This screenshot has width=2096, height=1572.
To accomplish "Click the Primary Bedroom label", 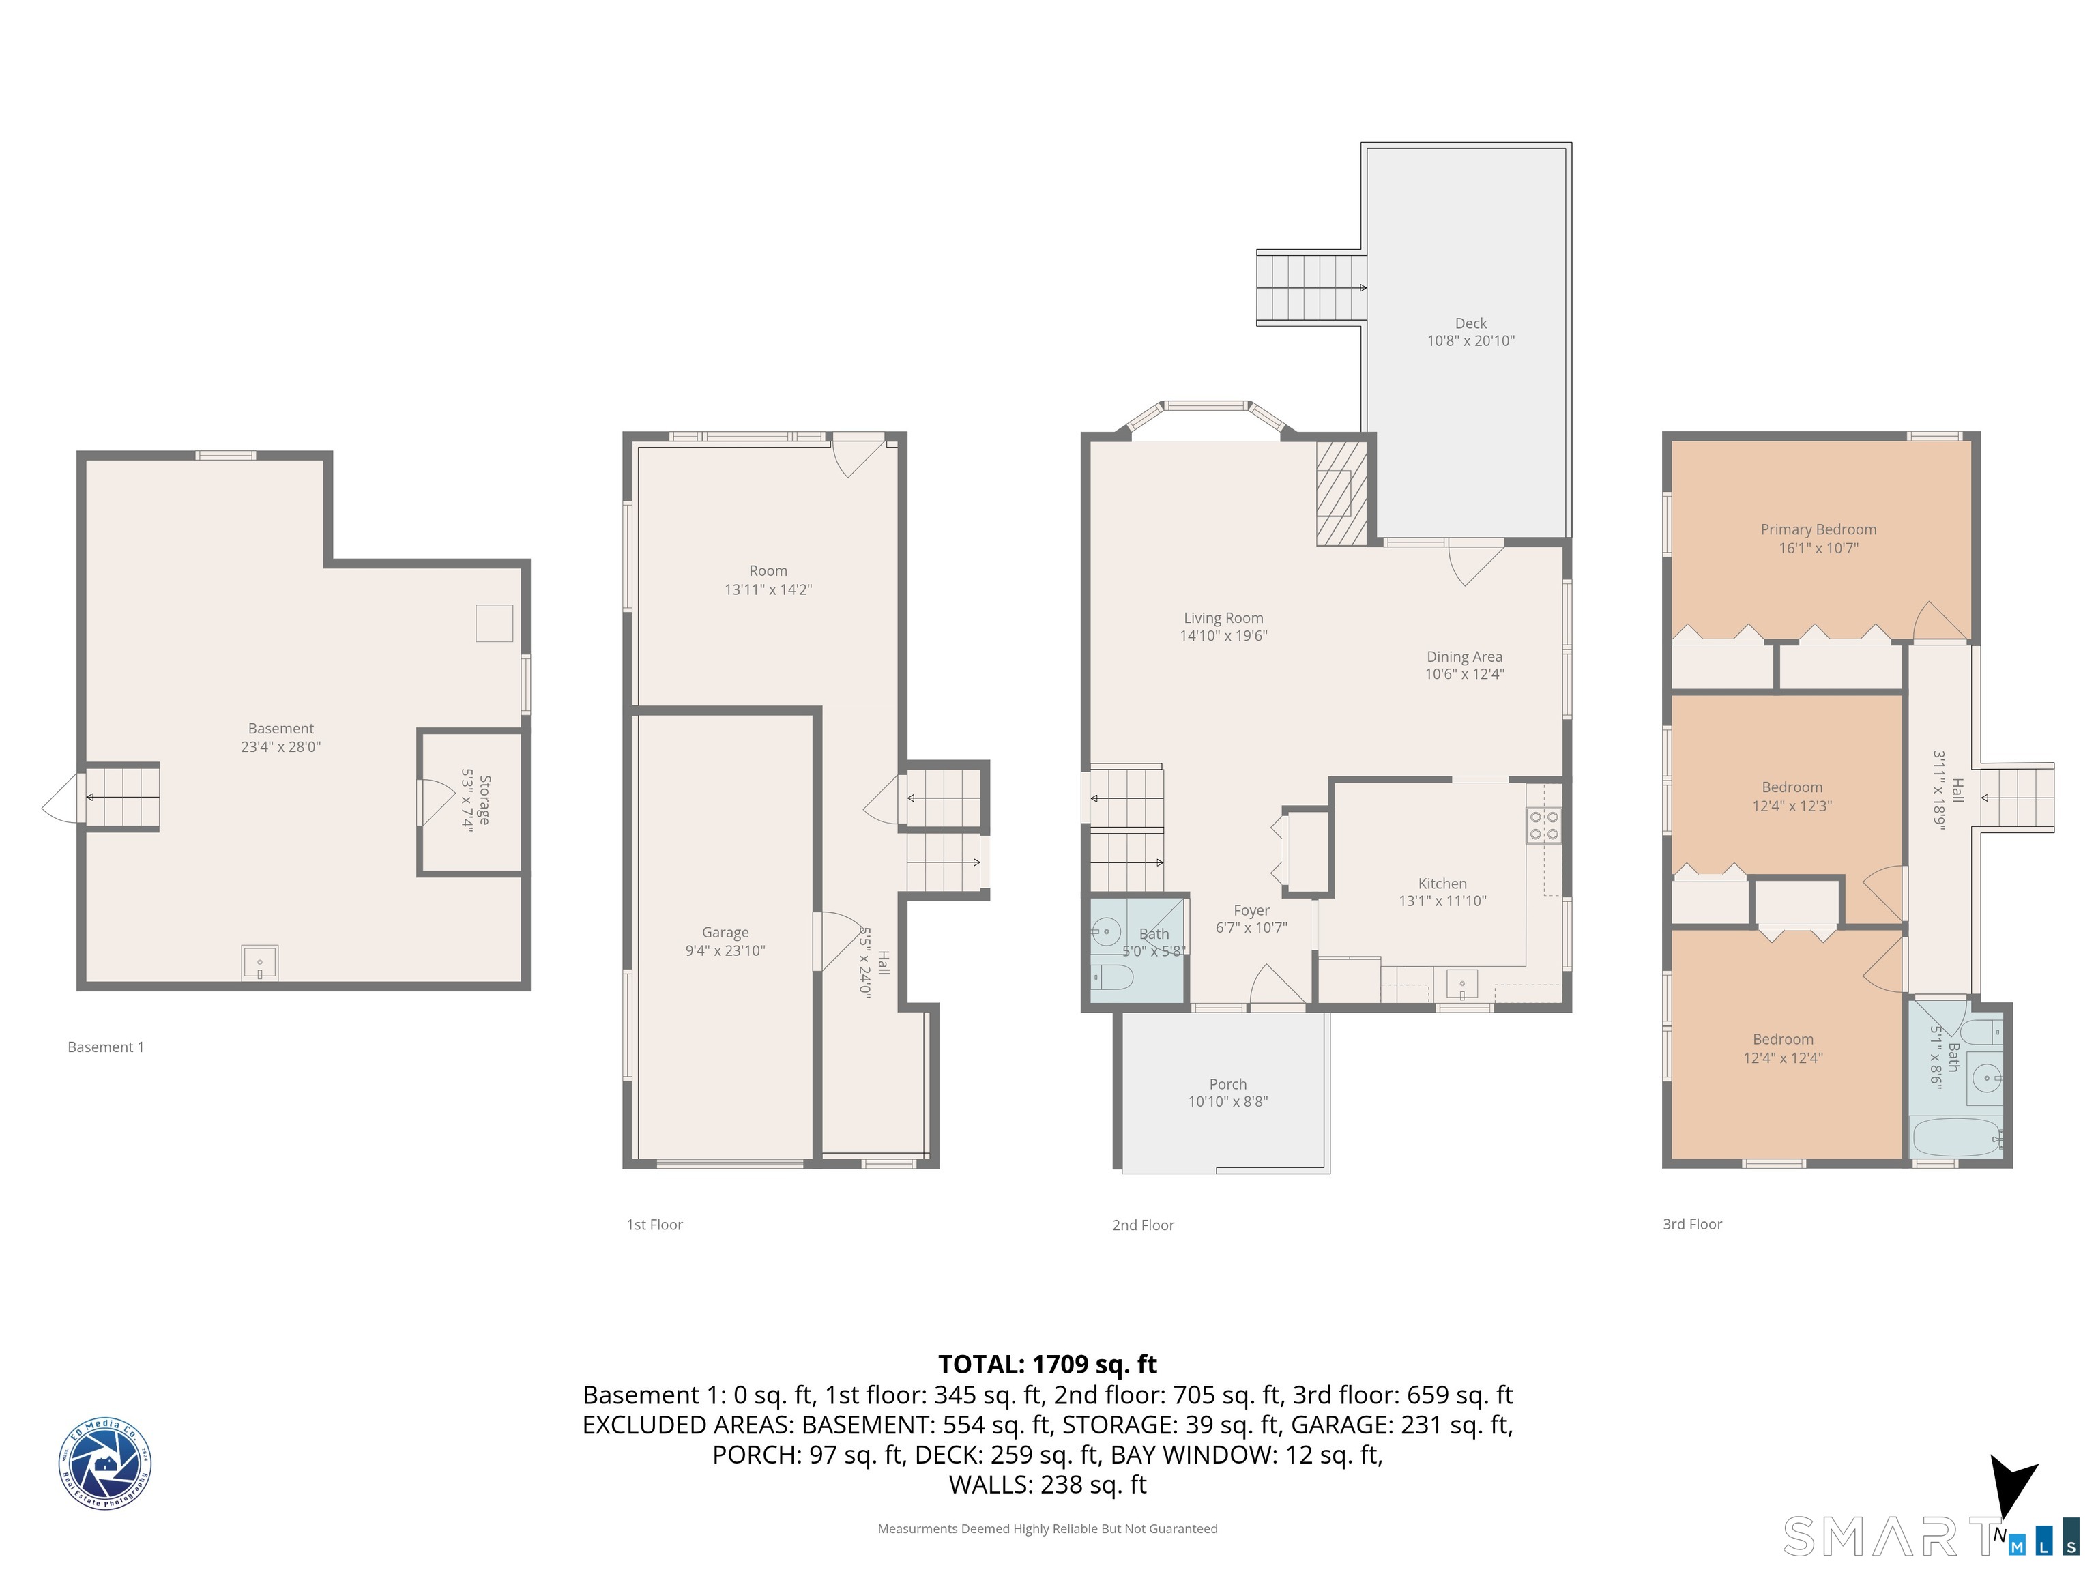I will [1818, 529].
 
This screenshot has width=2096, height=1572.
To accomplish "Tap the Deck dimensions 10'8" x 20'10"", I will [1470, 341].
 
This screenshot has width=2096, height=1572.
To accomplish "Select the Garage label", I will [725, 933].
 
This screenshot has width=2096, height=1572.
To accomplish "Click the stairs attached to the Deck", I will [1309, 287].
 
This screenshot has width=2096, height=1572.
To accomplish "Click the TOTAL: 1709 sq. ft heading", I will [1047, 1365].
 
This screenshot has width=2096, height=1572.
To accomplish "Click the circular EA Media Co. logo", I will [104, 1463].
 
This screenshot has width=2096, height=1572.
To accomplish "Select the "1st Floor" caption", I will [654, 1224].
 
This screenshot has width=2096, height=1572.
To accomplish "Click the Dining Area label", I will [1464, 656].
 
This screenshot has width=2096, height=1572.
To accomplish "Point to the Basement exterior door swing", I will [63, 799].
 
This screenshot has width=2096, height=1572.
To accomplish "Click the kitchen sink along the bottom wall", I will [1461, 985].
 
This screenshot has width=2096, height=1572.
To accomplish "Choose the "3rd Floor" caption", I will [1691, 1224].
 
